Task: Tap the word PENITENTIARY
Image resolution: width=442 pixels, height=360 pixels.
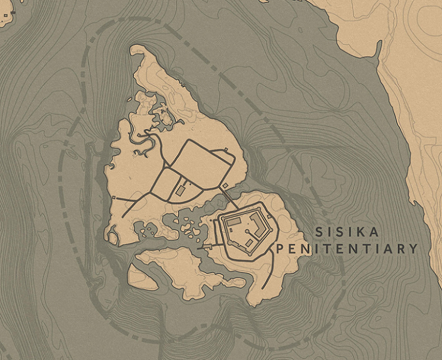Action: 346,249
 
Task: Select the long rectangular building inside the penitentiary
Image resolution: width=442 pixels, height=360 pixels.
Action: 234,221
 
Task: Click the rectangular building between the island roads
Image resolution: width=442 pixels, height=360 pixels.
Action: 181,190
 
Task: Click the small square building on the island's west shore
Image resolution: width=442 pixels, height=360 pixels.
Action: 114,197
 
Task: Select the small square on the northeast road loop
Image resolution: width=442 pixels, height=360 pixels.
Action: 226,149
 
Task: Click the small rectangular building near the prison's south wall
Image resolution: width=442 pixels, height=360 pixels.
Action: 250,243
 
